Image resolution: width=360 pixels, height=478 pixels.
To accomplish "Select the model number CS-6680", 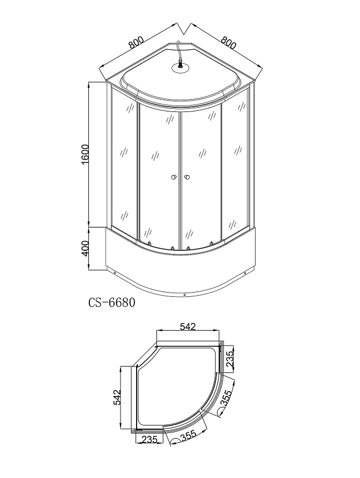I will (111, 303).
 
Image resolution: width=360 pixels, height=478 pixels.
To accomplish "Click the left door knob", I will (174, 177).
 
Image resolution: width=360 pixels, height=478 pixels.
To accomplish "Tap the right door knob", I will (186, 177).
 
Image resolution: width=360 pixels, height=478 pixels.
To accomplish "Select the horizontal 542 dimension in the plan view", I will (187, 326).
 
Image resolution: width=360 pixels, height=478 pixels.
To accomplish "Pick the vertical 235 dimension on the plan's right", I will (230, 356).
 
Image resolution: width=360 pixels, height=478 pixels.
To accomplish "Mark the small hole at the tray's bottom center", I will (184, 294).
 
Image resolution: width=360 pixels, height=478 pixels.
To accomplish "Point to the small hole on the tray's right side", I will (245, 273).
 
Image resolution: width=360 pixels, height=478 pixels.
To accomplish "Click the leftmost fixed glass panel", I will (124, 161).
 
